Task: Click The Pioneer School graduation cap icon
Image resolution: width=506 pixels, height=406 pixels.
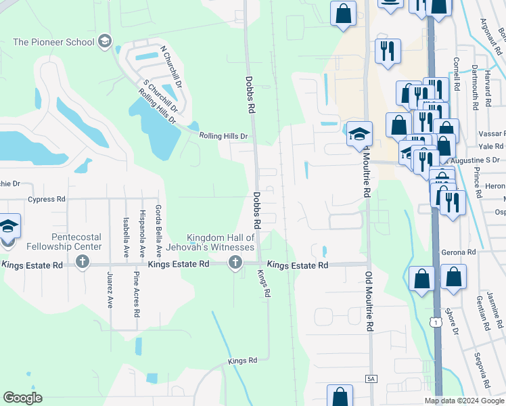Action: pos(104,42)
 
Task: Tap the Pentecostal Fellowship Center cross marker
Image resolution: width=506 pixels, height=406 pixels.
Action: pos(83,263)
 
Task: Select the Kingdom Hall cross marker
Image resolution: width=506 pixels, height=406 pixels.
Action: pos(235,263)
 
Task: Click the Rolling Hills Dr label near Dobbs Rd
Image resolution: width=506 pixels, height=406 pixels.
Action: pos(224,136)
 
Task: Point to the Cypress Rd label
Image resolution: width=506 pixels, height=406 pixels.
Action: pos(47,200)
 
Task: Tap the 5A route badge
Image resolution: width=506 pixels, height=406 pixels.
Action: pos(371,380)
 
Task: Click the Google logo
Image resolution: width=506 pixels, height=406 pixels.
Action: pos(22,398)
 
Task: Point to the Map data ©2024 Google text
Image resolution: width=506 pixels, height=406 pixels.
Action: pos(464,401)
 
